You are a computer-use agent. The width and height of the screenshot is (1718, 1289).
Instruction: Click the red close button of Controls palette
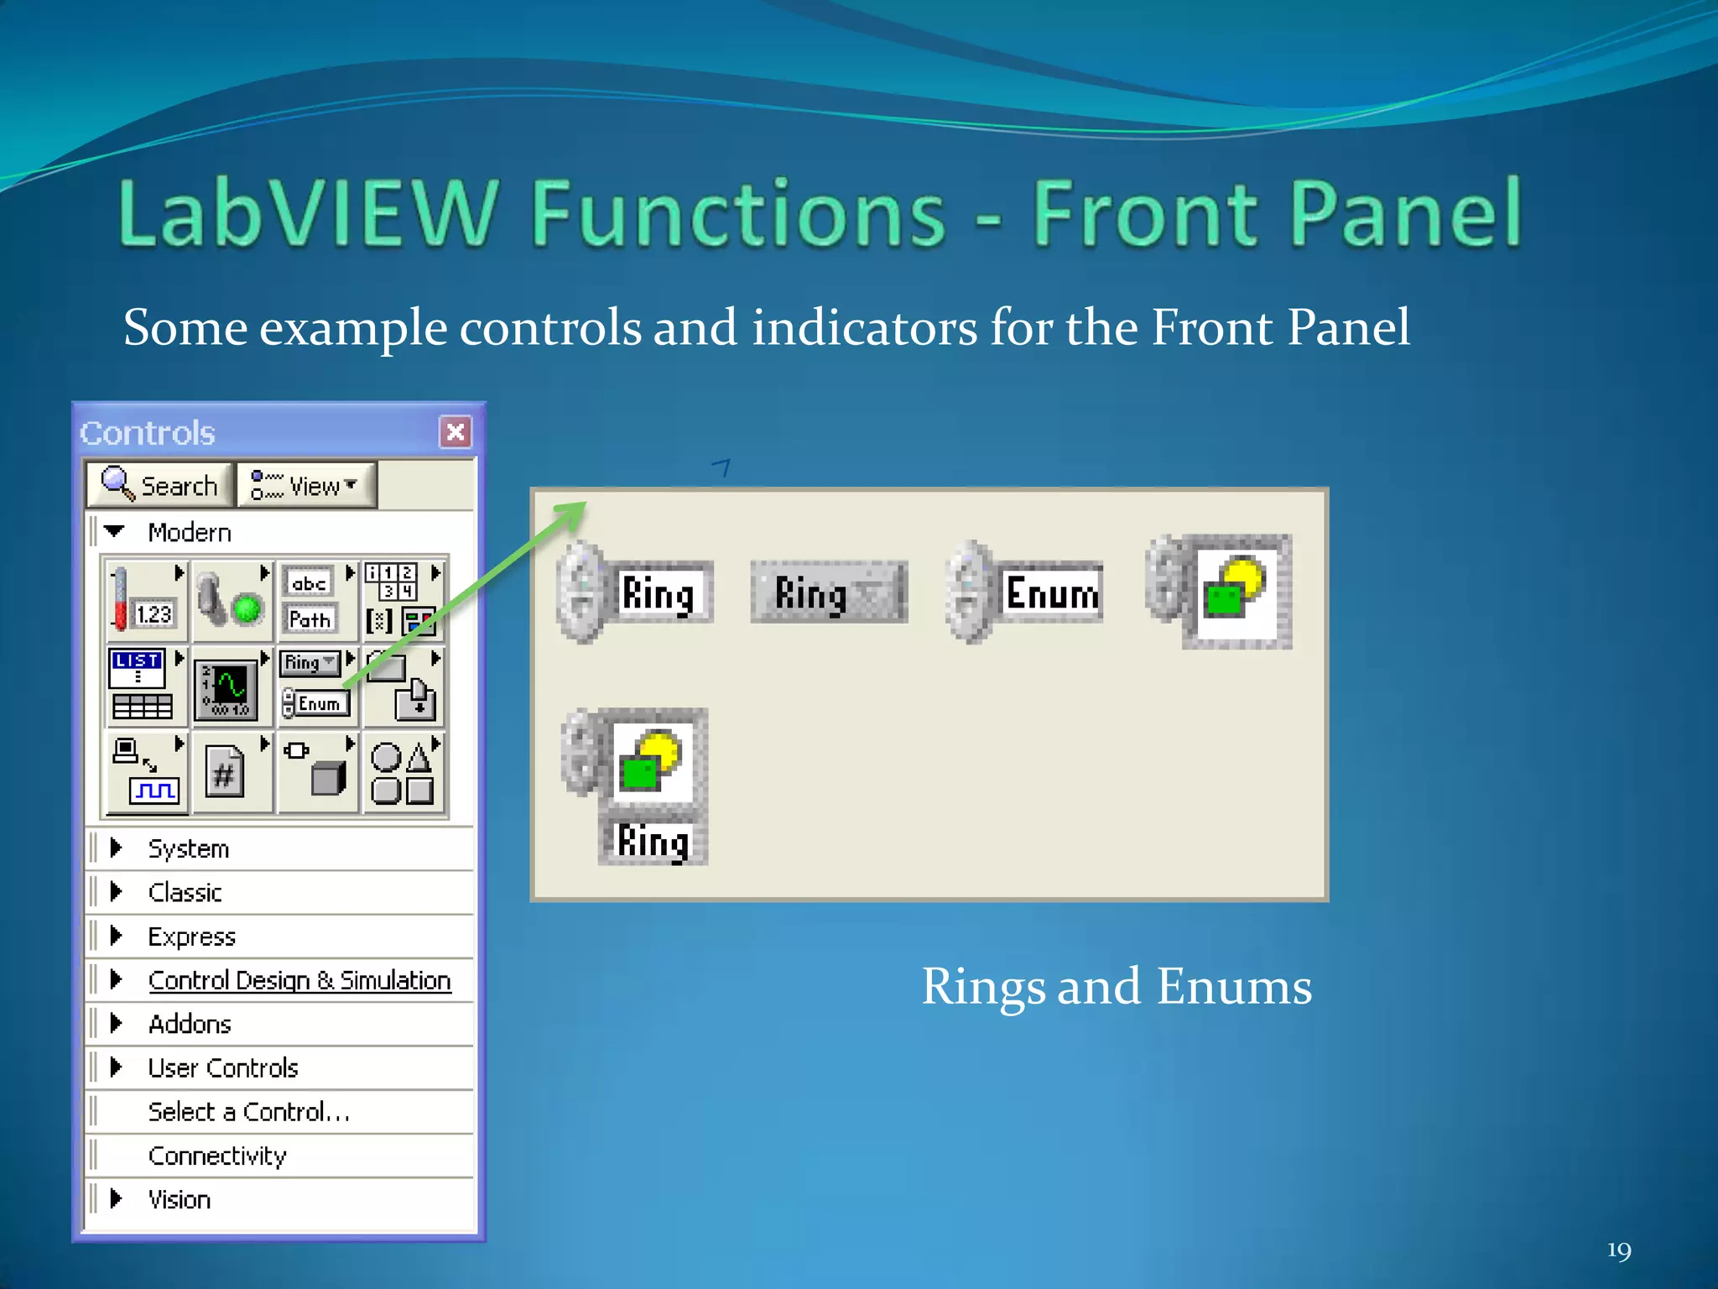[456, 432]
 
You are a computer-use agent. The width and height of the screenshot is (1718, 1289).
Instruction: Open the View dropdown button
[306, 485]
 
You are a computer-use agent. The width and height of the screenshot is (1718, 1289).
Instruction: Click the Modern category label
[190, 533]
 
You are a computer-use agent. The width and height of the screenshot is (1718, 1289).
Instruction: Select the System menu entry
[189, 848]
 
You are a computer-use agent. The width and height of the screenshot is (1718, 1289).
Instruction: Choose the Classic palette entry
[185, 892]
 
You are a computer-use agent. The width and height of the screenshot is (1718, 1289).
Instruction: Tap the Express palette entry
[192, 937]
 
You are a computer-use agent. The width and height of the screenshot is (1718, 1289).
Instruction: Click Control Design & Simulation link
[299, 980]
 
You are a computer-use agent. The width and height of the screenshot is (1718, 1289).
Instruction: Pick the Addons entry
[190, 1024]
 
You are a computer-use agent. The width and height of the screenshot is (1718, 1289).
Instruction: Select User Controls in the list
[223, 1067]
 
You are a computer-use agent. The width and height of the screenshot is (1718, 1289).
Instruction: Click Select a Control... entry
[249, 1112]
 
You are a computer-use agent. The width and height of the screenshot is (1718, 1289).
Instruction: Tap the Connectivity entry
[217, 1156]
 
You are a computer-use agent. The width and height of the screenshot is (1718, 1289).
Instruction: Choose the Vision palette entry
[180, 1199]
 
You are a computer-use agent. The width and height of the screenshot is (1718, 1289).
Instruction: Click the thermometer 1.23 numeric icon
[144, 599]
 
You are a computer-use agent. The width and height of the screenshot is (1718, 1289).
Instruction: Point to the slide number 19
[1619, 1251]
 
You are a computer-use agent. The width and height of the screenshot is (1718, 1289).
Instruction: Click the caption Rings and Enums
[1117, 986]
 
